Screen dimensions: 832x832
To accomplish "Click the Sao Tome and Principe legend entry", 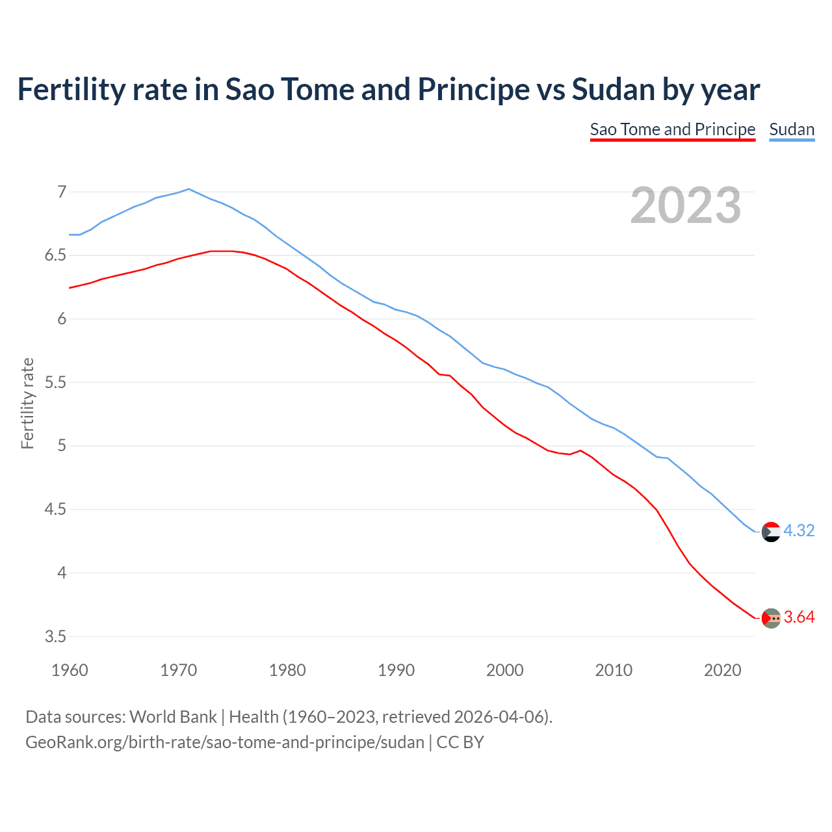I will (672, 129).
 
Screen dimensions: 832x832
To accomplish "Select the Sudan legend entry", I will (791, 129).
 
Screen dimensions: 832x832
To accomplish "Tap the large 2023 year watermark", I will (686, 205).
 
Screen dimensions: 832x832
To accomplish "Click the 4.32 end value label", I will (799, 530).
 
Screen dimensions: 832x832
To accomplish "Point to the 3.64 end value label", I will (799, 617).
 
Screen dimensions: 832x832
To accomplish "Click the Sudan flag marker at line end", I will (771, 532).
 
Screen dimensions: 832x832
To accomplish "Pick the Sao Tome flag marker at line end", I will (771, 618).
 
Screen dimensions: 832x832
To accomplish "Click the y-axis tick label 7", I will (62, 192).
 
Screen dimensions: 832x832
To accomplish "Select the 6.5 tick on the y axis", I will (56, 255).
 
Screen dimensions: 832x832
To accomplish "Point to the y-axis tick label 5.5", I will (56, 382).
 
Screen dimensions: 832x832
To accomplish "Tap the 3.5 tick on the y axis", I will (56, 636).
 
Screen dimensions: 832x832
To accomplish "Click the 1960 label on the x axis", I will (70, 670).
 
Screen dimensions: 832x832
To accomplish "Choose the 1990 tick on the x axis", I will (396, 670).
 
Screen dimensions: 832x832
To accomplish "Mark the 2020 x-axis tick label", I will (722, 670).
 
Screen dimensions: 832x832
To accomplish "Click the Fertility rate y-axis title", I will (27, 403).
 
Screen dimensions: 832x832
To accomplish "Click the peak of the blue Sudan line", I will (188, 189).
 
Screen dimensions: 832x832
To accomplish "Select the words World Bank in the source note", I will (173, 717).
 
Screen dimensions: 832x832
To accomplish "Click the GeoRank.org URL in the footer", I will (224, 742).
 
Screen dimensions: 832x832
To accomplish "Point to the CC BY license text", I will (460, 742).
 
